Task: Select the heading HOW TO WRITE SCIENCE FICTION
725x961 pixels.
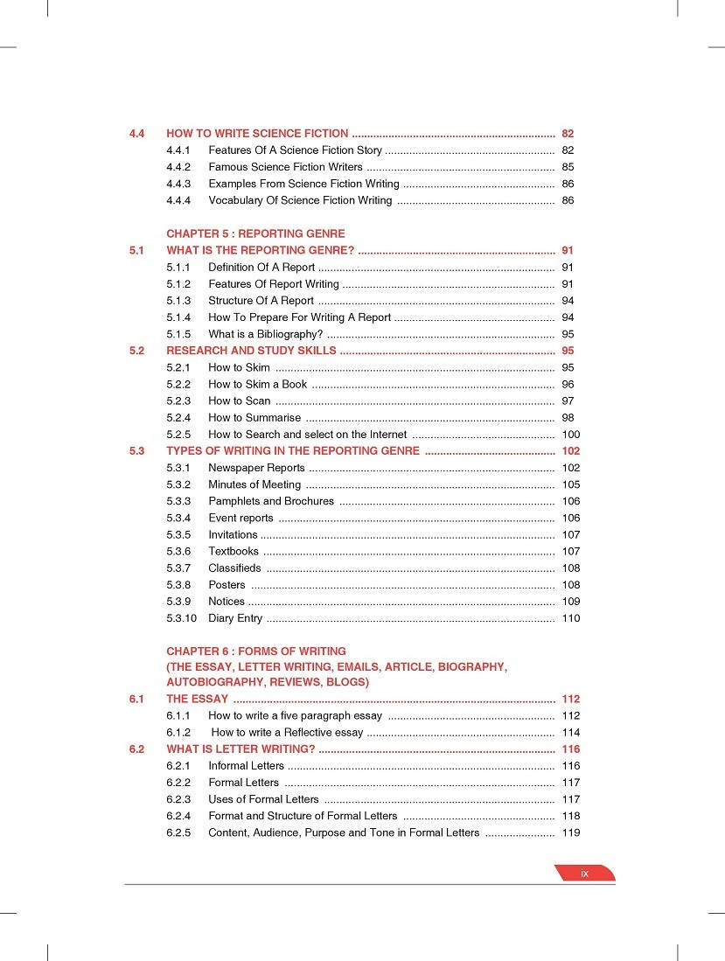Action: tap(257, 134)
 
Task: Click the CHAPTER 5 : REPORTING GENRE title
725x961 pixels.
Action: tap(255, 233)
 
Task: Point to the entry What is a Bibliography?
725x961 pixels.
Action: tap(266, 334)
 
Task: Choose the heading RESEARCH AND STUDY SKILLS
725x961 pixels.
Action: tap(251, 351)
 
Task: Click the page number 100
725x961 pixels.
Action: tap(570, 435)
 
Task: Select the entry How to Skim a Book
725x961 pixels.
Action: tap(257, 384)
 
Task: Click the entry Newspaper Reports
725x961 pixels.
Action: tap(256, 468)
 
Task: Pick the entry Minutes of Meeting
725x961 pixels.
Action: tap(254, 484)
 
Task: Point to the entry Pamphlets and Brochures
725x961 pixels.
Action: tap(271, 501)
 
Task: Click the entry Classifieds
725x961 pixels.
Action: tap(234, 568)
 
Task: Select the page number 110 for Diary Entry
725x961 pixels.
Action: tap(570, 618)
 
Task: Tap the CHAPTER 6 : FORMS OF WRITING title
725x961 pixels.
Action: tap(256, 651)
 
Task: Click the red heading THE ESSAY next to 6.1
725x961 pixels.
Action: tap(197, 699)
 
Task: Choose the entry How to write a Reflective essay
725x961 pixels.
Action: tap(287, 732)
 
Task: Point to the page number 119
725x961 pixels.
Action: tap(570, 832)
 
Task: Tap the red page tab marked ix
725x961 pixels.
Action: tap(584, 873)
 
